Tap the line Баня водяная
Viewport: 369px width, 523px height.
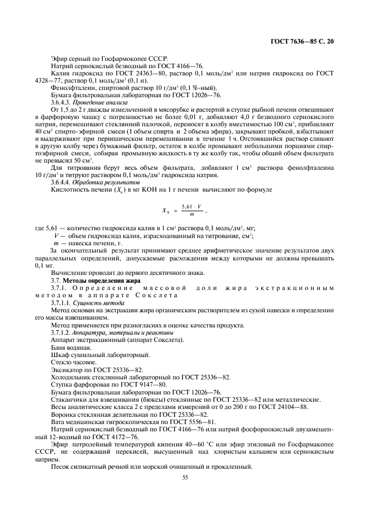coord(71,347)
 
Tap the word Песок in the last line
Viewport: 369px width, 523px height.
coord(61,467)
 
